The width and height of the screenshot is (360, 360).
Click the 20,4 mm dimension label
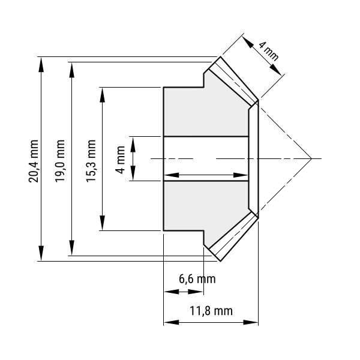33,161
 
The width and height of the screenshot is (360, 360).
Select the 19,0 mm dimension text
60,161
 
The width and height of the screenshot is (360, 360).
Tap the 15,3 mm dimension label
91,161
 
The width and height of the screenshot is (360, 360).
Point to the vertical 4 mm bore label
120,160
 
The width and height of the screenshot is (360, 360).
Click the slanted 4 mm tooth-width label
269,51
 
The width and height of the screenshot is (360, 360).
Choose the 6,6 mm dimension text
197,279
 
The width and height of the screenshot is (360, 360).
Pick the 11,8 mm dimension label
211,311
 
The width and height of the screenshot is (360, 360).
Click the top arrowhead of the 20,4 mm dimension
41,65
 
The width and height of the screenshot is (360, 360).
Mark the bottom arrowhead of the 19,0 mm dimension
72,247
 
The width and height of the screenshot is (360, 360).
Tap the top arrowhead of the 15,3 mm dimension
103,95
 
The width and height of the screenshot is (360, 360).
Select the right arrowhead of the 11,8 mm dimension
251,322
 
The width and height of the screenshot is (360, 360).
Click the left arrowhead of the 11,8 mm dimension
171,322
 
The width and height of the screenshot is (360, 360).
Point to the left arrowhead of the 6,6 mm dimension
171,292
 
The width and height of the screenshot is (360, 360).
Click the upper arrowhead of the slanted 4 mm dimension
247,41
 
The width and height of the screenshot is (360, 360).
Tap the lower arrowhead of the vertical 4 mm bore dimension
133,173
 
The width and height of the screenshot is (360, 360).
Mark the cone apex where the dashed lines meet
311,158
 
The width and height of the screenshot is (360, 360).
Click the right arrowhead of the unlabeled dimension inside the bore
241,175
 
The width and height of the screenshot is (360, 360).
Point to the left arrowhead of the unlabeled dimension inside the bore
171,175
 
